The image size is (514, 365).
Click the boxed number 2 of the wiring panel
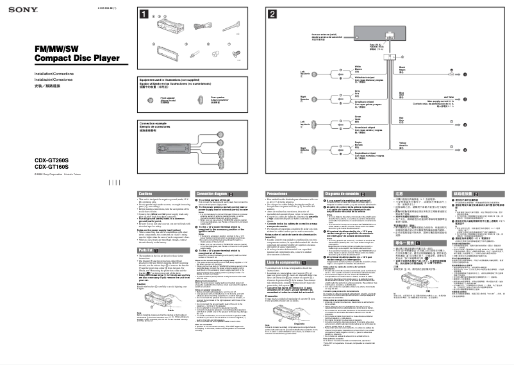point(273,13)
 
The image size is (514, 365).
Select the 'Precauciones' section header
point(277,193)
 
